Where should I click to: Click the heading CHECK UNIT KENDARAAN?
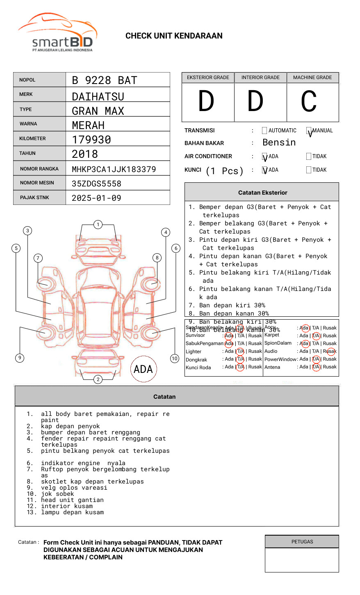coord(174,36)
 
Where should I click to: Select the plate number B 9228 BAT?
coord(104,80)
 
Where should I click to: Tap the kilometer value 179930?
coord(91,140)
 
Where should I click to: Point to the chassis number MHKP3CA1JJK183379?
coord(114,169)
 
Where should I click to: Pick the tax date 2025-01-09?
coord(96,198)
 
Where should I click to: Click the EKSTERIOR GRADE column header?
coord(208,77)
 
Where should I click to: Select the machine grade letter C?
coord(309,101)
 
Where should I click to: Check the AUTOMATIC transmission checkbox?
coord(264,131)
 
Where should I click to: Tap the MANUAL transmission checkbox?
coord(309,131)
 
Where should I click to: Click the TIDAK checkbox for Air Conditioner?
coord(309,156)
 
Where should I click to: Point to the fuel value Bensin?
coord(279,143)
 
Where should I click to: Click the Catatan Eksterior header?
coord(262,193)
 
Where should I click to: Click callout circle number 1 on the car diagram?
coord(98,225)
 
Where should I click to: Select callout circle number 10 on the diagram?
coord(175,359)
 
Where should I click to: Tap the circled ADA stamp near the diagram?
coord(144,369)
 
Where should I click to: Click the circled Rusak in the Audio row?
coord(330,351)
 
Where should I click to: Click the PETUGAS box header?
coord(302,542)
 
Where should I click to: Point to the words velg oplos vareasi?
coord(74,488)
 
